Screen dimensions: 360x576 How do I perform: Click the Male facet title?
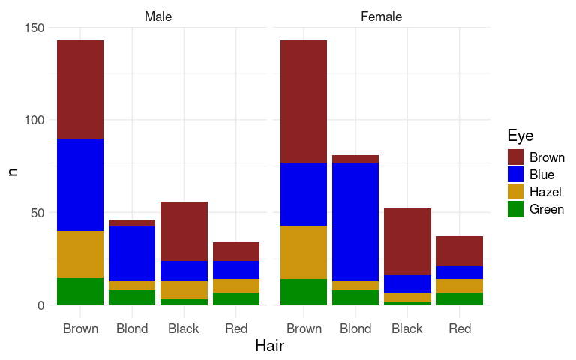(157, 16)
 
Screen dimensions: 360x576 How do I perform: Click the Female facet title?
(381, 16)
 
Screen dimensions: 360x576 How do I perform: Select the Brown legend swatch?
(515, 157)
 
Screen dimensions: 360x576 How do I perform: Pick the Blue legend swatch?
(515, 175)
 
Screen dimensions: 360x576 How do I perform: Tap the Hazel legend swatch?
(515, 192)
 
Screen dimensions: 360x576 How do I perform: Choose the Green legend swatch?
(515, 209)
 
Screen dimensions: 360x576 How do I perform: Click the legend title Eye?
(520, 136)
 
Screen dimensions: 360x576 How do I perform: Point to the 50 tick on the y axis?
(38, 213)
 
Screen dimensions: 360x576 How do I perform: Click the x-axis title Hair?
(269, 346)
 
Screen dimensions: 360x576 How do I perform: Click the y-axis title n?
(13, 171)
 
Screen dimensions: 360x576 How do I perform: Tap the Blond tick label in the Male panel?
(132, 328)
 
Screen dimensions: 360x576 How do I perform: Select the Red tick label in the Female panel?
(459, 328)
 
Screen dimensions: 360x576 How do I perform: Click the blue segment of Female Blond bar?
(355, 222)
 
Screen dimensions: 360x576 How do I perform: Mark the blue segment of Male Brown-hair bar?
(80, 184)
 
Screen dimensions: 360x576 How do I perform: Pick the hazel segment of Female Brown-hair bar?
(304, 252)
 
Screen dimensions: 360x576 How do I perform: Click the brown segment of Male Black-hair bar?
(184, 231)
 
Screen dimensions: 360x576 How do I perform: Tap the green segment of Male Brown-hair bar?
(80, 291)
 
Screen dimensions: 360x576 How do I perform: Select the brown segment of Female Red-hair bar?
(459, 251)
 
